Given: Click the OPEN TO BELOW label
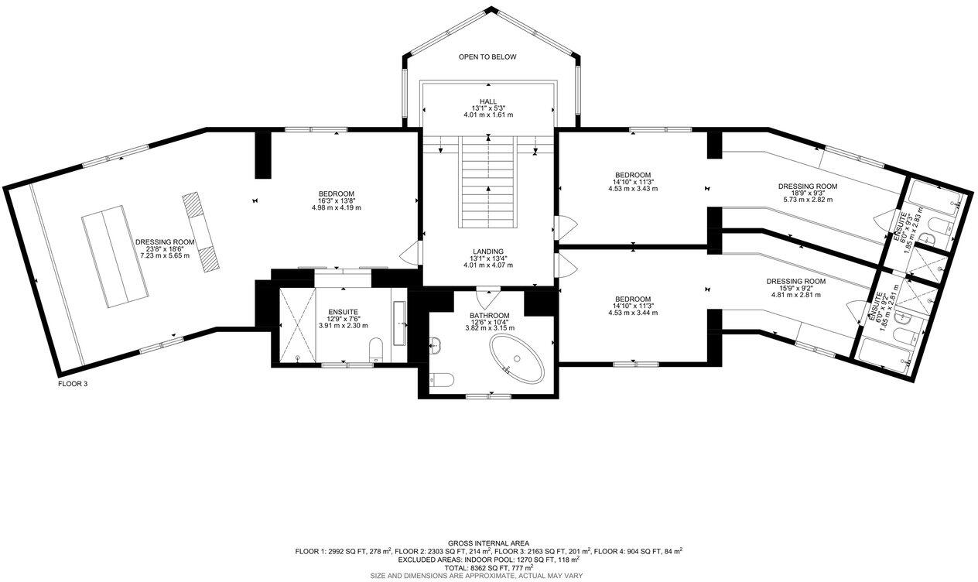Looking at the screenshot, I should pos(487,57).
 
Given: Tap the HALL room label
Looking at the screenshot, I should pos(487,101).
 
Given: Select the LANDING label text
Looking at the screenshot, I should pos(488,252).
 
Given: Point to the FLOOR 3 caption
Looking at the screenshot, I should pos(73,383).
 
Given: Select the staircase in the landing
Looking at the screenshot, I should pos(488,182).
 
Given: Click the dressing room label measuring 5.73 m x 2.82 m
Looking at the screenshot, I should pos(807,187).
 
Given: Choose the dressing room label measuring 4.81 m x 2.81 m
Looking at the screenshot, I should pos(795,282).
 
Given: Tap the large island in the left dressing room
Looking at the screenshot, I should pos(115,255).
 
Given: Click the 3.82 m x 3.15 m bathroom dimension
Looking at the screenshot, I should pos(488,328).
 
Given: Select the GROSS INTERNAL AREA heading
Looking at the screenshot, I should pos(488,543).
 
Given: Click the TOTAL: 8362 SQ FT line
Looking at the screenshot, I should pos(488,568).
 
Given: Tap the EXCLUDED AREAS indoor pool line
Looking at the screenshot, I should pos(488,560).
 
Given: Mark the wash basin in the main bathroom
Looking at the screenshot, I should pos(436,345).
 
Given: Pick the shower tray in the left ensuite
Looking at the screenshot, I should pos(296,324).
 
